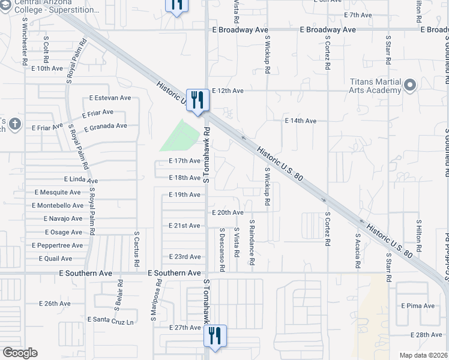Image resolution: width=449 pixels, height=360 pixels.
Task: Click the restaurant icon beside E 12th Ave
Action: point(196,99)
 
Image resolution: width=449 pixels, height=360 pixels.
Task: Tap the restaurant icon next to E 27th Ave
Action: point(215,335)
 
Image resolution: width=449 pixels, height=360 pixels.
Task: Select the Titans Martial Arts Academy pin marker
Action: point(411,86)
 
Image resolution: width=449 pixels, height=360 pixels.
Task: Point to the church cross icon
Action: point(16,125)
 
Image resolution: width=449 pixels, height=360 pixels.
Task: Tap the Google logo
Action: point(20,353)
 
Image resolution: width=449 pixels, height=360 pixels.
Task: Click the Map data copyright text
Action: point(424,355)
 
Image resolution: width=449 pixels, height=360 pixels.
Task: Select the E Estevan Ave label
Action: point(110,98)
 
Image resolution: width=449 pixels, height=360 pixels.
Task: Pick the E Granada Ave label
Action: point(106,127)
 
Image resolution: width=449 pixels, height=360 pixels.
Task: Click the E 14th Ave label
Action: point(300,121)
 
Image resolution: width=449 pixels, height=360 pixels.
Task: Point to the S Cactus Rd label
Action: point(137,249)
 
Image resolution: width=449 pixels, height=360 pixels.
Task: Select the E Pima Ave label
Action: point(418,305)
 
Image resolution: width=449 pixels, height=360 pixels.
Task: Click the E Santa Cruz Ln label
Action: point(110,321)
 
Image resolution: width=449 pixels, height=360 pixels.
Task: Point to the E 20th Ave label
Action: point(228,212)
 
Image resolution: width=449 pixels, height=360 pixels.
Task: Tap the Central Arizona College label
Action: point(59,7)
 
